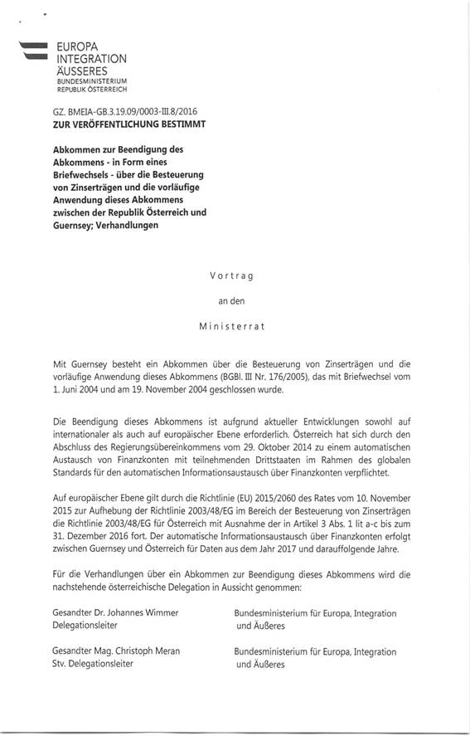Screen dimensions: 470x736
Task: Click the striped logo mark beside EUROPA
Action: [x=34, y=51]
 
